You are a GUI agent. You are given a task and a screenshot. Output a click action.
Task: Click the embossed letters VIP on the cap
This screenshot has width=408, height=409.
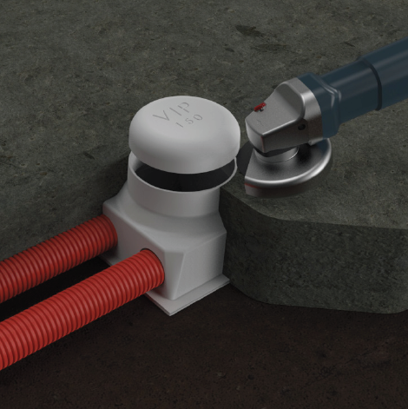[x=172, y=111]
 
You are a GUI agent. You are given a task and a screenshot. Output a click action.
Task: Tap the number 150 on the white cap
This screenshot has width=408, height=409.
[x=189, y=121]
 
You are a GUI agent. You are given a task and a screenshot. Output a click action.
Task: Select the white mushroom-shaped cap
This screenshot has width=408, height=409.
[x=184, y=134]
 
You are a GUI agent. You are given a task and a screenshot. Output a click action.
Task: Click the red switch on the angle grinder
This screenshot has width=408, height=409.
[x=260, y=107]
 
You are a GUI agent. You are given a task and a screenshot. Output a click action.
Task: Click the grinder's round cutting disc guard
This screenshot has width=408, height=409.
[x=286, y=171]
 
